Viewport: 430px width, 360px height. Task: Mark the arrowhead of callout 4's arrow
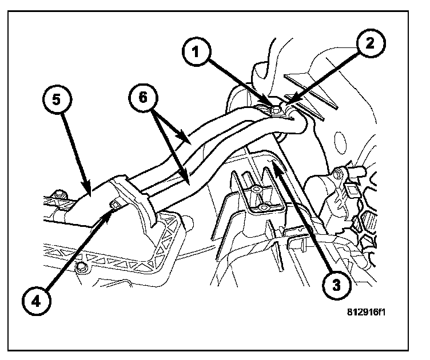112,207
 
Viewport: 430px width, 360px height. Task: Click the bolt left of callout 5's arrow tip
58,195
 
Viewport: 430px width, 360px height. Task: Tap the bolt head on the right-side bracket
339,172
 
